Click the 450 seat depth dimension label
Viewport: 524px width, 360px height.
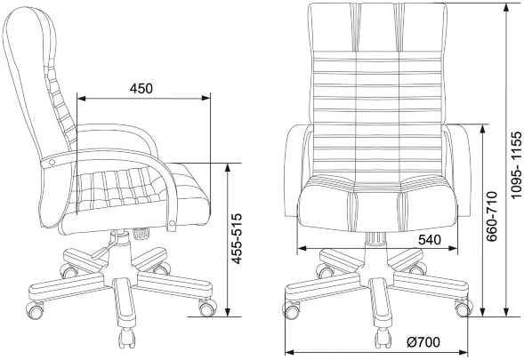141,89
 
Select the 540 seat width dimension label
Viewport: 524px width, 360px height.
430,239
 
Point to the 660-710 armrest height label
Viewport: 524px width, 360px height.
492,216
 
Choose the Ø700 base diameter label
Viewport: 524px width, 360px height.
423,342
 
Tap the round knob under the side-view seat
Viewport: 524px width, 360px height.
141,233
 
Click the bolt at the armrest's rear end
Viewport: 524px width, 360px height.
52,163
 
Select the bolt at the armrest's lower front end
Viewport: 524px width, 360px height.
172,223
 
